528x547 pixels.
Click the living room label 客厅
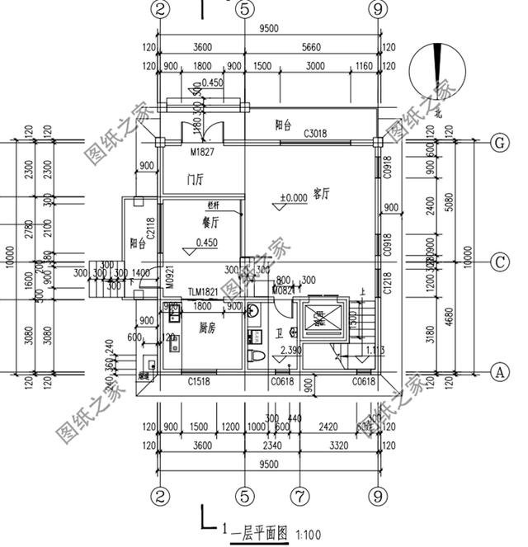(322, 195)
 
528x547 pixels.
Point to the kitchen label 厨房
(208, 328)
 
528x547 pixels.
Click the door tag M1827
(202, 152)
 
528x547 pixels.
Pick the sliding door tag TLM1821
(203, 292)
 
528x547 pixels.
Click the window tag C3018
(315, 134)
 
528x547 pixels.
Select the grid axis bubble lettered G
(497, 142)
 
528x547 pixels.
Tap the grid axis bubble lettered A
(497, 371)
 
